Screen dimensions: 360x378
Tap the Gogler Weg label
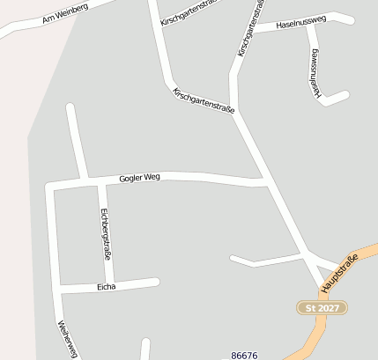click(139, 177)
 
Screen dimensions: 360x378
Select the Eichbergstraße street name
click(105, 233)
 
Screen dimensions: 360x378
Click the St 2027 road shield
click(322, 307)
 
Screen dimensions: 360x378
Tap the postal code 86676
click(244, 355)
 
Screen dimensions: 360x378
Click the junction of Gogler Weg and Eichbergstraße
click(99, 181)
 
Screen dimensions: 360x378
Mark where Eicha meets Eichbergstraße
click(111, 284)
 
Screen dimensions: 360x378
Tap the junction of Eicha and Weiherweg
click(57, 289)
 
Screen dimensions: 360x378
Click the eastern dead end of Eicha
click(156, 281)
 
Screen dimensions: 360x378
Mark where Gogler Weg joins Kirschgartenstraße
click(265, 183)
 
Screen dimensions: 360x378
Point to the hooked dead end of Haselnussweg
click(345, 93)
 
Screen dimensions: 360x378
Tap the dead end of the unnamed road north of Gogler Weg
click(70, 108)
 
